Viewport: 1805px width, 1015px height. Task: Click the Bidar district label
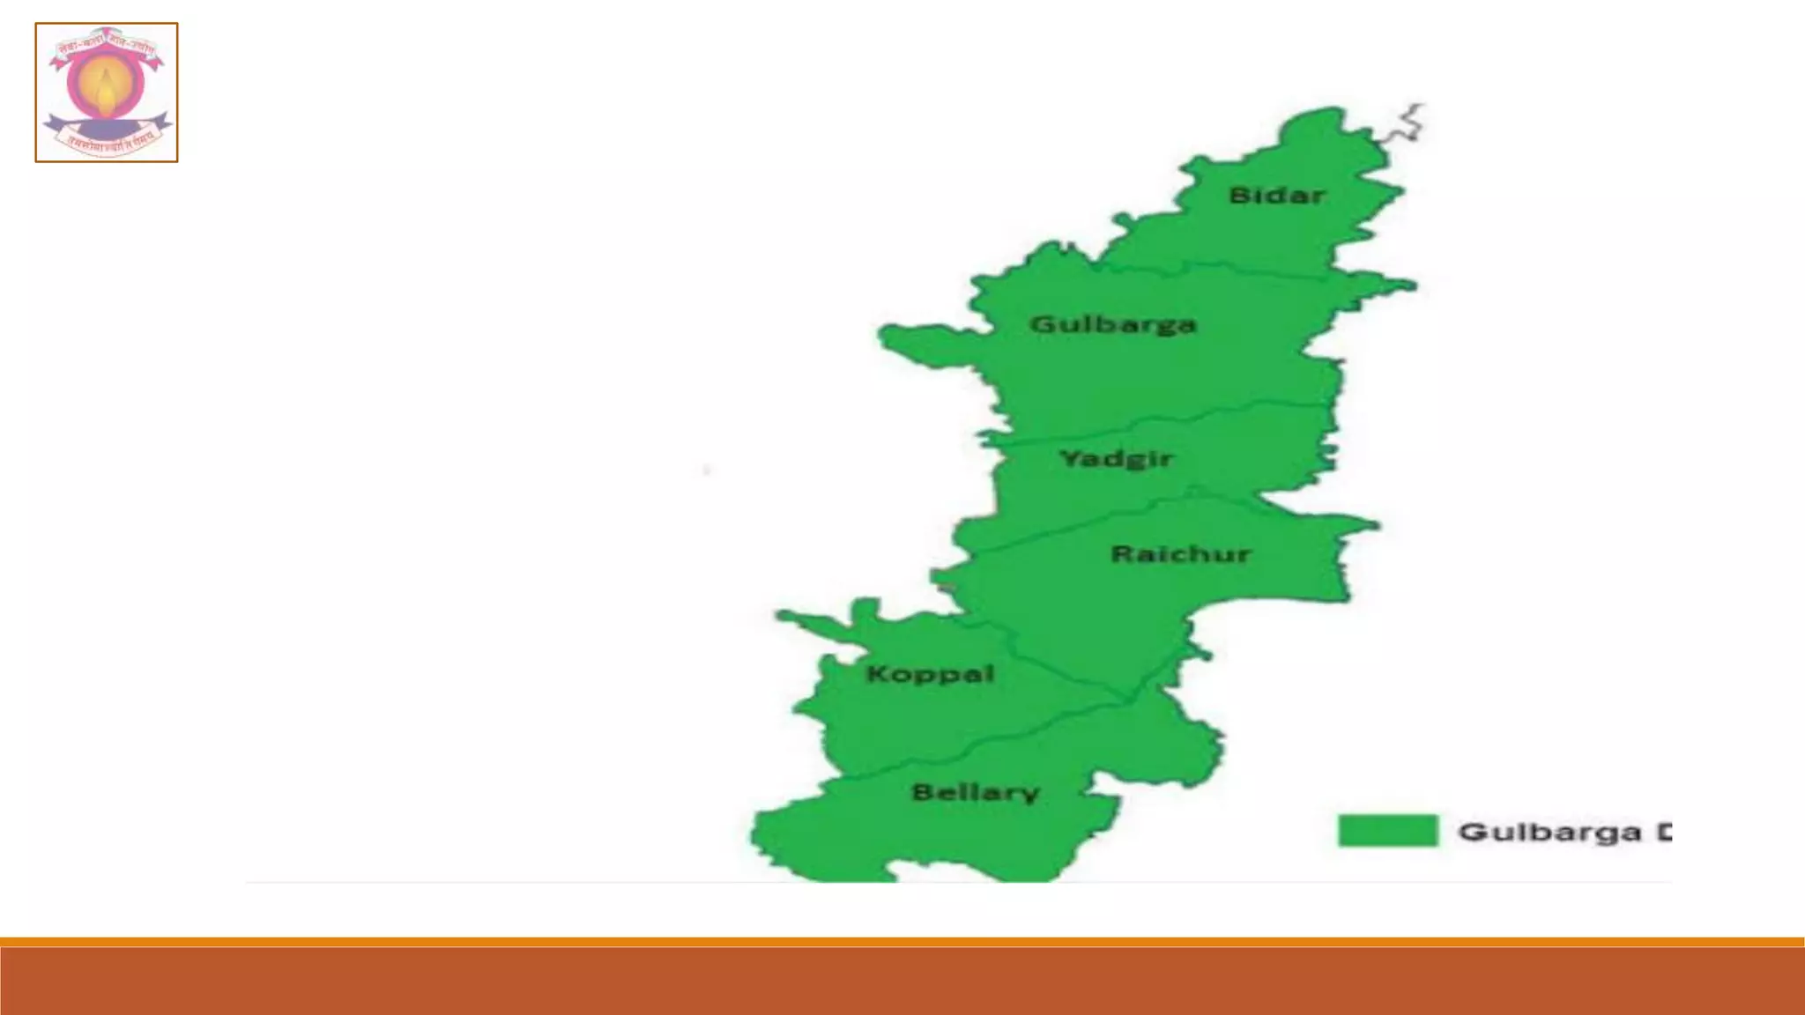pos(1276,196)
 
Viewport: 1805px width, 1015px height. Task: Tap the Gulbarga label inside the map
pos(1112,324)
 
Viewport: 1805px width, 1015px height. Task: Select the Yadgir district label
pos(1115,459)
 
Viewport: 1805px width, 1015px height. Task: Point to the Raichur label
pos(1180,554)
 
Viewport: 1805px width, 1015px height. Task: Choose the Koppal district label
pos(930,675)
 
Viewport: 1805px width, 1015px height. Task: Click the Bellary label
pos(975,793)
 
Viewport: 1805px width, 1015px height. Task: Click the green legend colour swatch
pos(1387,831)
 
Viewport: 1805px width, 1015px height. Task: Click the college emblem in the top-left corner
pos(107,93)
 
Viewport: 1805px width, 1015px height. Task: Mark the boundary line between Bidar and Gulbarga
pos(1234,266)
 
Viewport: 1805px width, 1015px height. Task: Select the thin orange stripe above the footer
pos(902,942)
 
